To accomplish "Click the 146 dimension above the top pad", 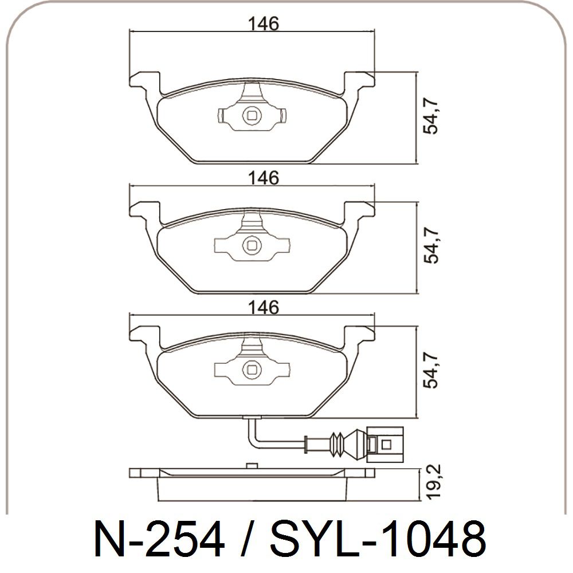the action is click(x=263, y=23).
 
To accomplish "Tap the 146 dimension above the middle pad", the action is click(x=263, y=178).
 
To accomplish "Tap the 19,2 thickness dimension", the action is click(x=434, y=481).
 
